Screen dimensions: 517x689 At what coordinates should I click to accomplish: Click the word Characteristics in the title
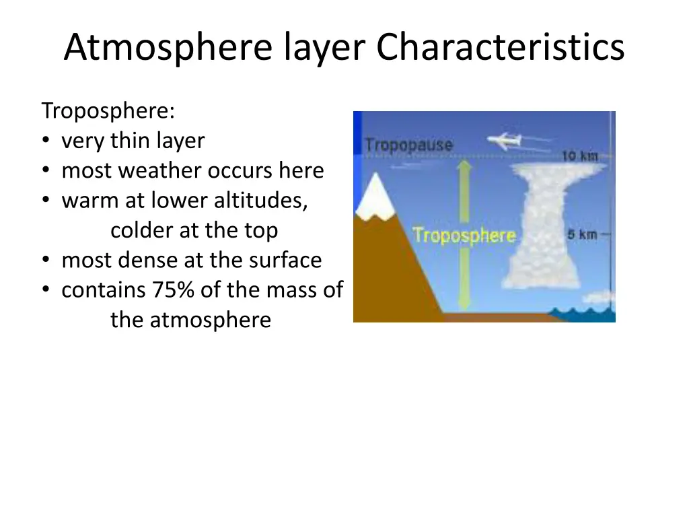click(500, 48)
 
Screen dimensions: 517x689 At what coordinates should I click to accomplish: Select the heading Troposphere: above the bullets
click(108, 111)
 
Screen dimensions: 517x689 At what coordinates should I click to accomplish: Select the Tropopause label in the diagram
click(408, 145)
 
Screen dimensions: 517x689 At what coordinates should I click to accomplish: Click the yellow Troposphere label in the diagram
click(464, 236)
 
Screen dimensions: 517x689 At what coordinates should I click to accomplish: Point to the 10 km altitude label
click(579, 156)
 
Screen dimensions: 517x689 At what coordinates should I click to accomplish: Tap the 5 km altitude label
click(582, 235)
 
